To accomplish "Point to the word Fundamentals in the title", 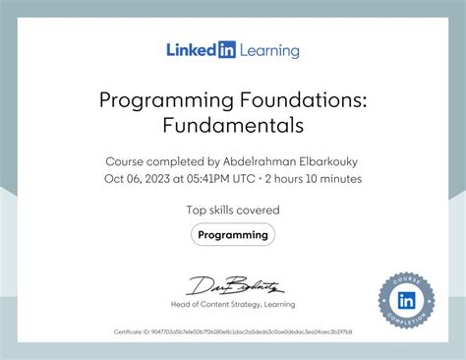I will point(233,125).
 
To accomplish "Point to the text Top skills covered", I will point(233,210).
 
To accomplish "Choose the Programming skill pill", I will point(233,235).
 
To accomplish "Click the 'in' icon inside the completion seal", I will point(406,298).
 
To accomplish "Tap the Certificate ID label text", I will point(132,332).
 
